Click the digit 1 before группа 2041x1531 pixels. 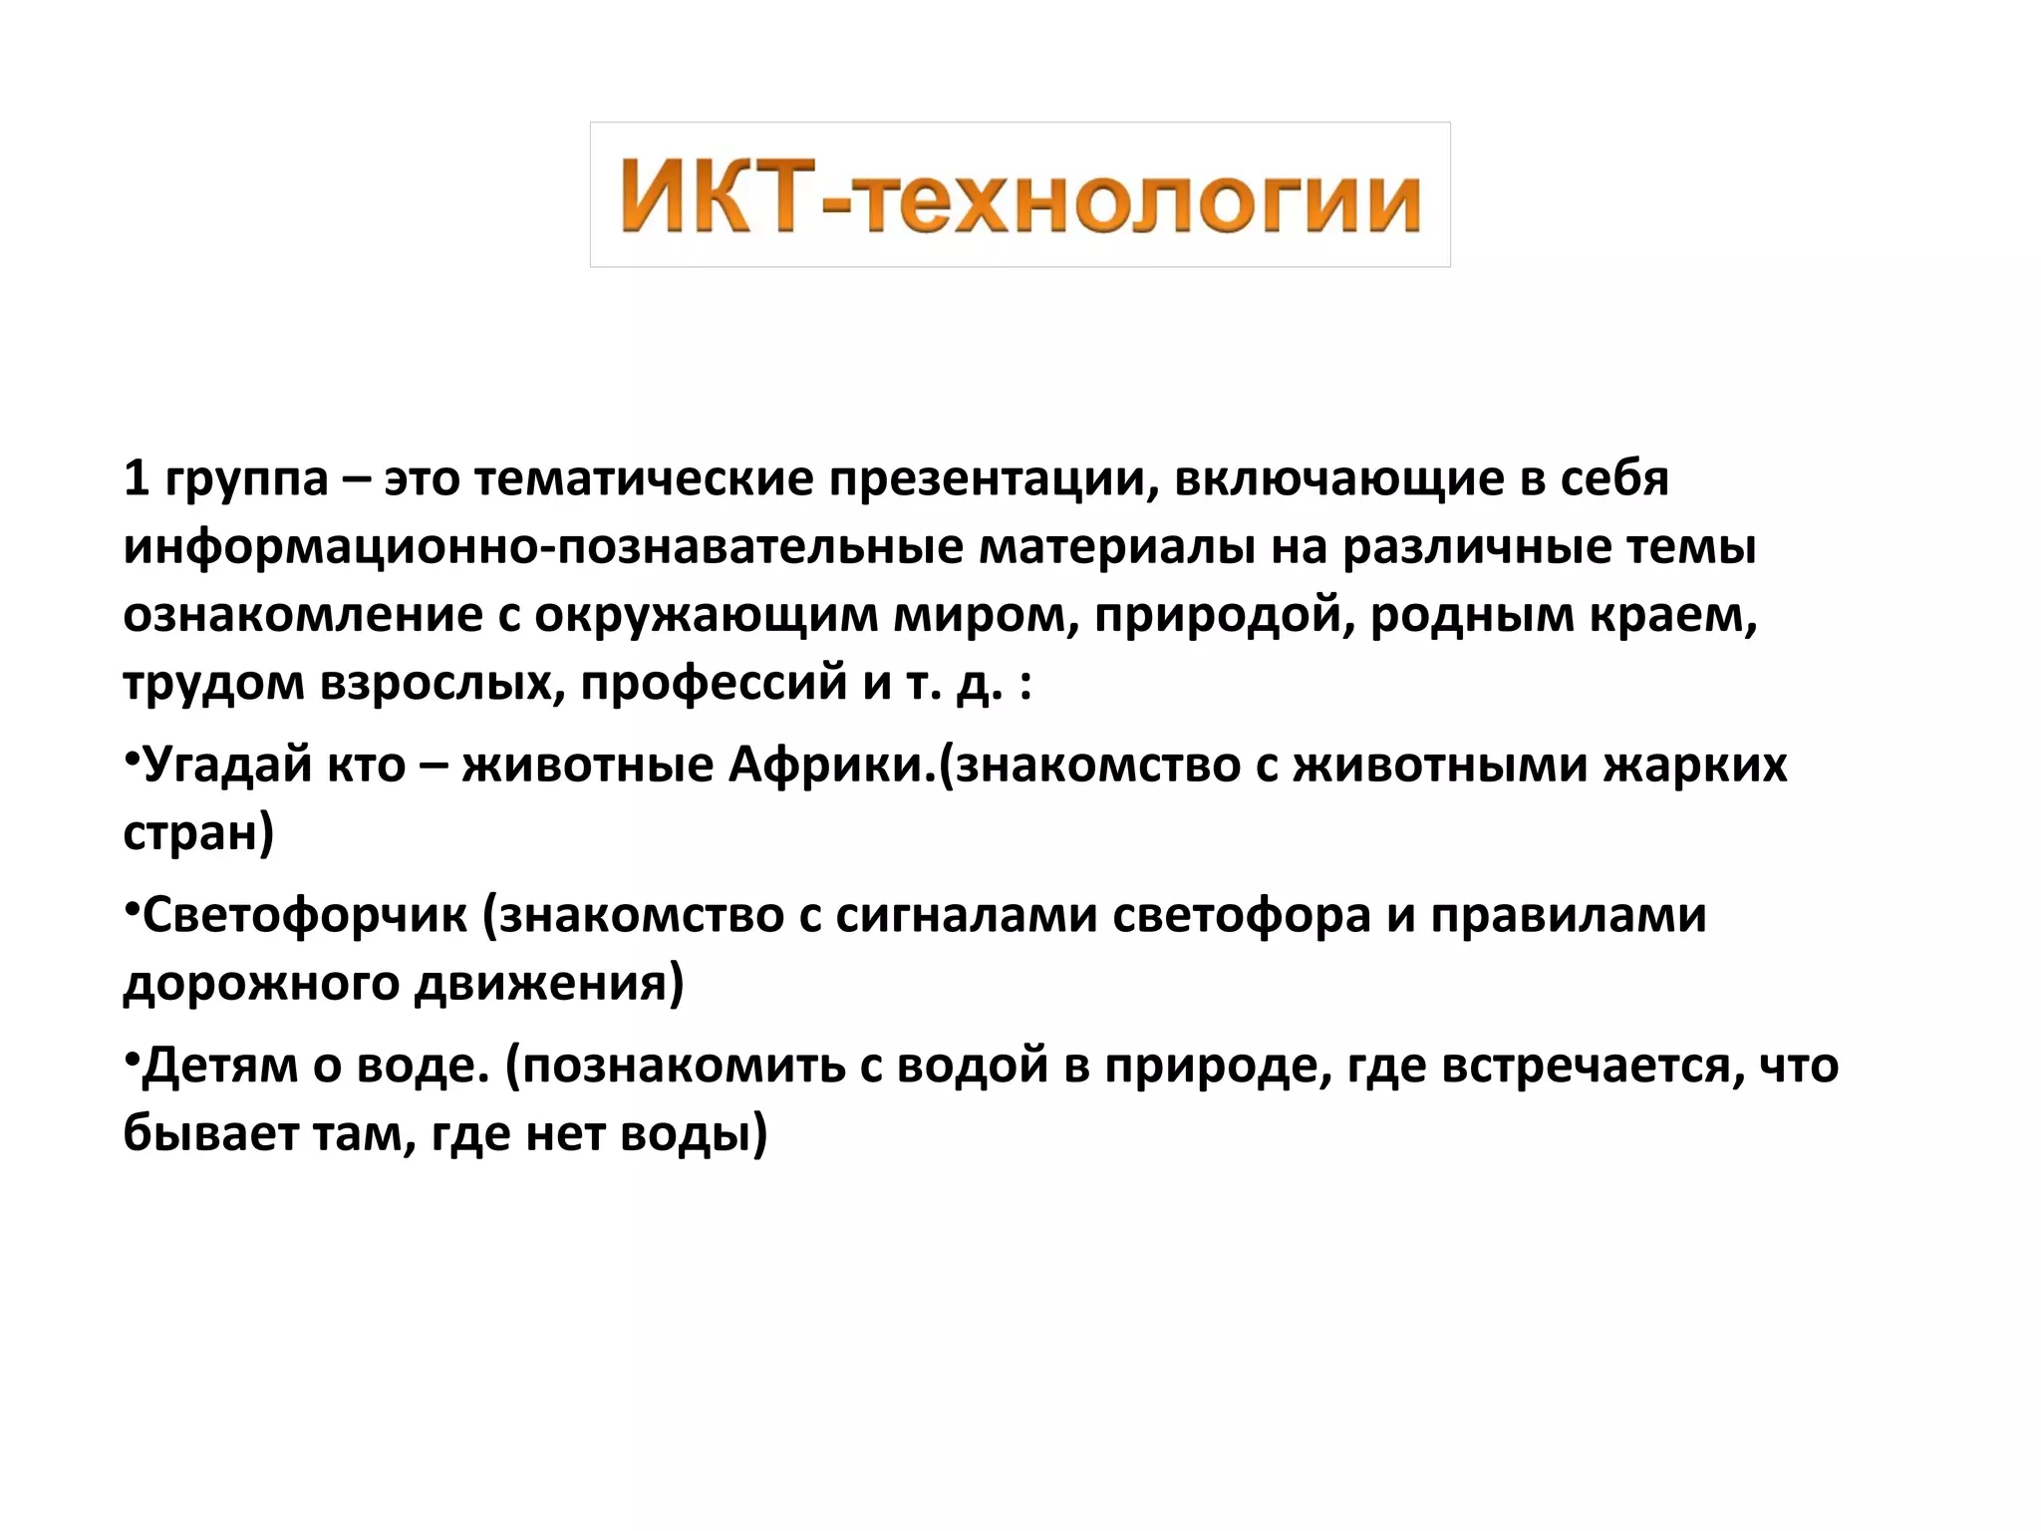137,479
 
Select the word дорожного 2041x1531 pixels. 261,985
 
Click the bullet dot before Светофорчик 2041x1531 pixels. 132,907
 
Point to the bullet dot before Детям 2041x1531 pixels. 132,1058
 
